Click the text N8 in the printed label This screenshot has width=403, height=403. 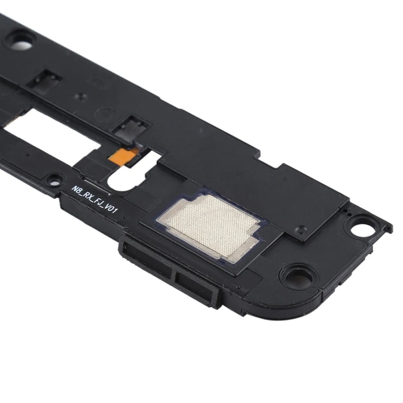(77, 189)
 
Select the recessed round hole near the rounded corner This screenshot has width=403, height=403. (297, 277)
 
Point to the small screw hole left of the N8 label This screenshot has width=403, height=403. (54, 180)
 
